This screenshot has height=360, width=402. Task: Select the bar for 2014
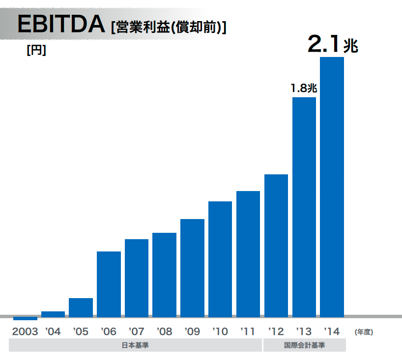[332, 187]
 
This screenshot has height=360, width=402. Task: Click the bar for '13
[304, 206]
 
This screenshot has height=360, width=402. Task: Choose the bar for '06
[109, 283]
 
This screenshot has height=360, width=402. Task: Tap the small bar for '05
[81, 307]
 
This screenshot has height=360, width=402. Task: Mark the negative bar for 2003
[25, 318]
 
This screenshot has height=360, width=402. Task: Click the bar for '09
[192, 267]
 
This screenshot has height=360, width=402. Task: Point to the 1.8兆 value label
[304, 88]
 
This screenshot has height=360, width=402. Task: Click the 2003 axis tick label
[25, 332]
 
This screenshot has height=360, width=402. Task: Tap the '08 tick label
[164, 332]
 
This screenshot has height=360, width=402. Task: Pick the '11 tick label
[248, 332]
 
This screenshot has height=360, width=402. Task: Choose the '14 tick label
[332, 332]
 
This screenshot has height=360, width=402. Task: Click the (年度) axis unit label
[364, 332]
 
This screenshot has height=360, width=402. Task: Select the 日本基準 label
[135, 345]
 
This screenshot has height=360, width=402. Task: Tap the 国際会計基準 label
[304, 345]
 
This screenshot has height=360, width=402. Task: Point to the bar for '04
[53, 313]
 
